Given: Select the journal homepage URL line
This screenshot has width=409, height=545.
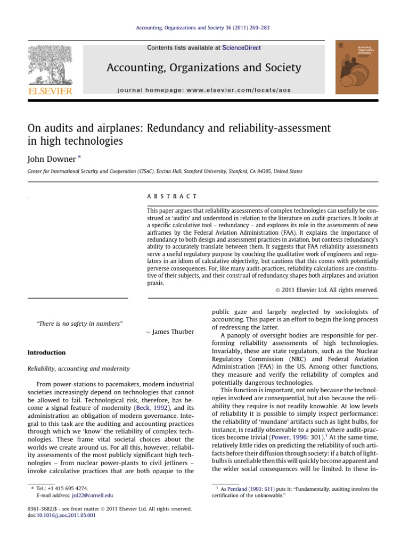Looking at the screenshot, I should tap(204, 90).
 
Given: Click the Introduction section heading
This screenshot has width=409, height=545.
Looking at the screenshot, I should tap(46, 352).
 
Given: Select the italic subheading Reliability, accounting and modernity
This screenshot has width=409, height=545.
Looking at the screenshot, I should tap(78, 368).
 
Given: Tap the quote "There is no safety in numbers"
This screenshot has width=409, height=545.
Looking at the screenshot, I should tap(79, 323).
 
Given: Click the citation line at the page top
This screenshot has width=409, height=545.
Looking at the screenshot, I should tap(204, 28).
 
